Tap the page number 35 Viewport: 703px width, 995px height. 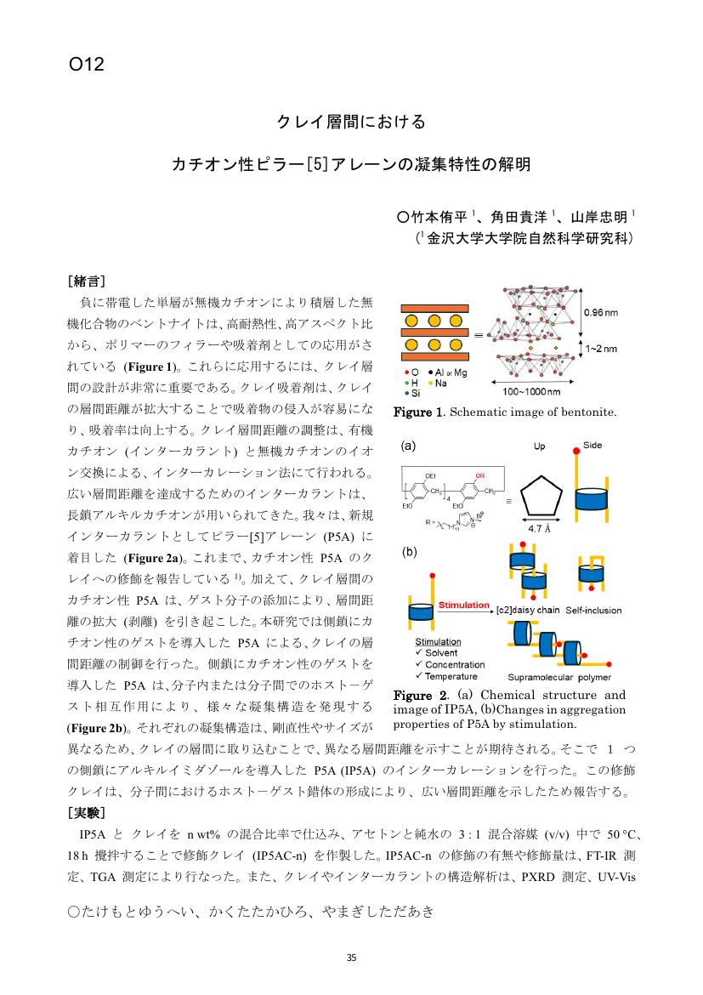[351, 958]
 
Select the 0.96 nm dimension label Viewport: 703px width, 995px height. [600, 313]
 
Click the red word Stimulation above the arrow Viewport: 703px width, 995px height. [463, 605]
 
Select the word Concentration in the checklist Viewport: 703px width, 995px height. [455, 664]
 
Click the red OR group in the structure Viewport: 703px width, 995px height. [480, 476]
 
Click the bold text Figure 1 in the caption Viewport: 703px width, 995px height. [417, 413]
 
